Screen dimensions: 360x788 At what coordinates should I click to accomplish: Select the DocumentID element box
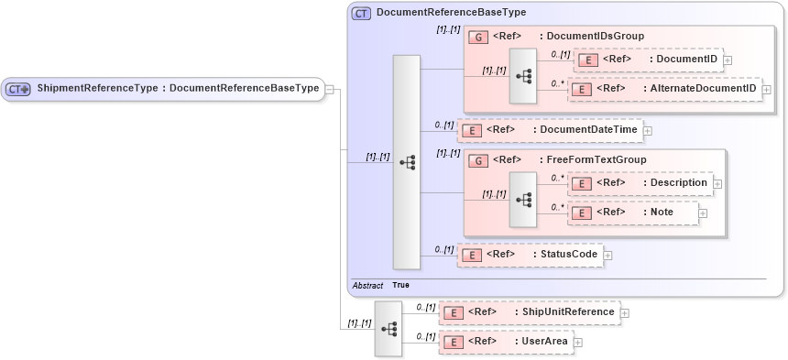[649, 60]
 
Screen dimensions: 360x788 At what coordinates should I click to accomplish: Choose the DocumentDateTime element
[550, 130]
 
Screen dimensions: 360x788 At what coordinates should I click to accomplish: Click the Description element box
[640, 183]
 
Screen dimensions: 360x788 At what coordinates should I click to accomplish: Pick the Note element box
[633, 213]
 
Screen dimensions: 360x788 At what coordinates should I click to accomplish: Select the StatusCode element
[531, 254]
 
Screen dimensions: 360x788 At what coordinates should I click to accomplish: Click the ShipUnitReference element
[530, 312]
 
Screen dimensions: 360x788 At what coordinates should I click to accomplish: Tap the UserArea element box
[506, 342]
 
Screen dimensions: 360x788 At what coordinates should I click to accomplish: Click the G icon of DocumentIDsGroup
[476, 37]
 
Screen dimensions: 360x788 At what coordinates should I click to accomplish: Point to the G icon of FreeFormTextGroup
[476, 159]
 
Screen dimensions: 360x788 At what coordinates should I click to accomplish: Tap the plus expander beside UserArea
[578, 343]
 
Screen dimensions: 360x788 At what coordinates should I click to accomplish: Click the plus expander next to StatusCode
[607, 255]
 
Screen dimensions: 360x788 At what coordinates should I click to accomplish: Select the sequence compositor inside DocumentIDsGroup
[523, 75]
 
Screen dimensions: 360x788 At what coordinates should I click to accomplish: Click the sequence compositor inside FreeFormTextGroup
[523, 198]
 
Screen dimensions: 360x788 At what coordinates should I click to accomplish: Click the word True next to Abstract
[401, 285]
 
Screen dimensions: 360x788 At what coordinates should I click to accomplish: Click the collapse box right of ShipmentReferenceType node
[329, 90]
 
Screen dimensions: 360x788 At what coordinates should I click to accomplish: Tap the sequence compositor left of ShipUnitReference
[389, 327]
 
